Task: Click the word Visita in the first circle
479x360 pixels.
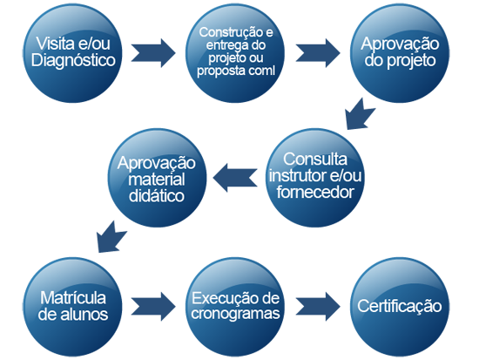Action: (x=55, y=44)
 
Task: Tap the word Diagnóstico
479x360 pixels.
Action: (x=73, y=60)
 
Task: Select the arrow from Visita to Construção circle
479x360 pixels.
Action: (x=153, y=53)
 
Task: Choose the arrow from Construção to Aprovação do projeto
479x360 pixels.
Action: (x=318, y=53)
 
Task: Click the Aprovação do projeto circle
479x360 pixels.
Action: (x=400, y=53)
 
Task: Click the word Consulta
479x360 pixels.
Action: (x=315, y=159)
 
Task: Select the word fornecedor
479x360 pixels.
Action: (x=315, y=192)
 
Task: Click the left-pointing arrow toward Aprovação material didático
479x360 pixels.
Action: (x=235, y=178)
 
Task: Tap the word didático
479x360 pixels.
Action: (x=157, y=196)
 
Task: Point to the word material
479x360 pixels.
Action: (x=157, y=180)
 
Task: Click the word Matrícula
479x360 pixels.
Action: (x=73, y=298)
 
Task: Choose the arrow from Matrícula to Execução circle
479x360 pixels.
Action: (x=153, y=307)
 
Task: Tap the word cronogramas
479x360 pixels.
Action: (x=235, y=314)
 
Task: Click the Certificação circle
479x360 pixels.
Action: (x=400, y=307)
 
